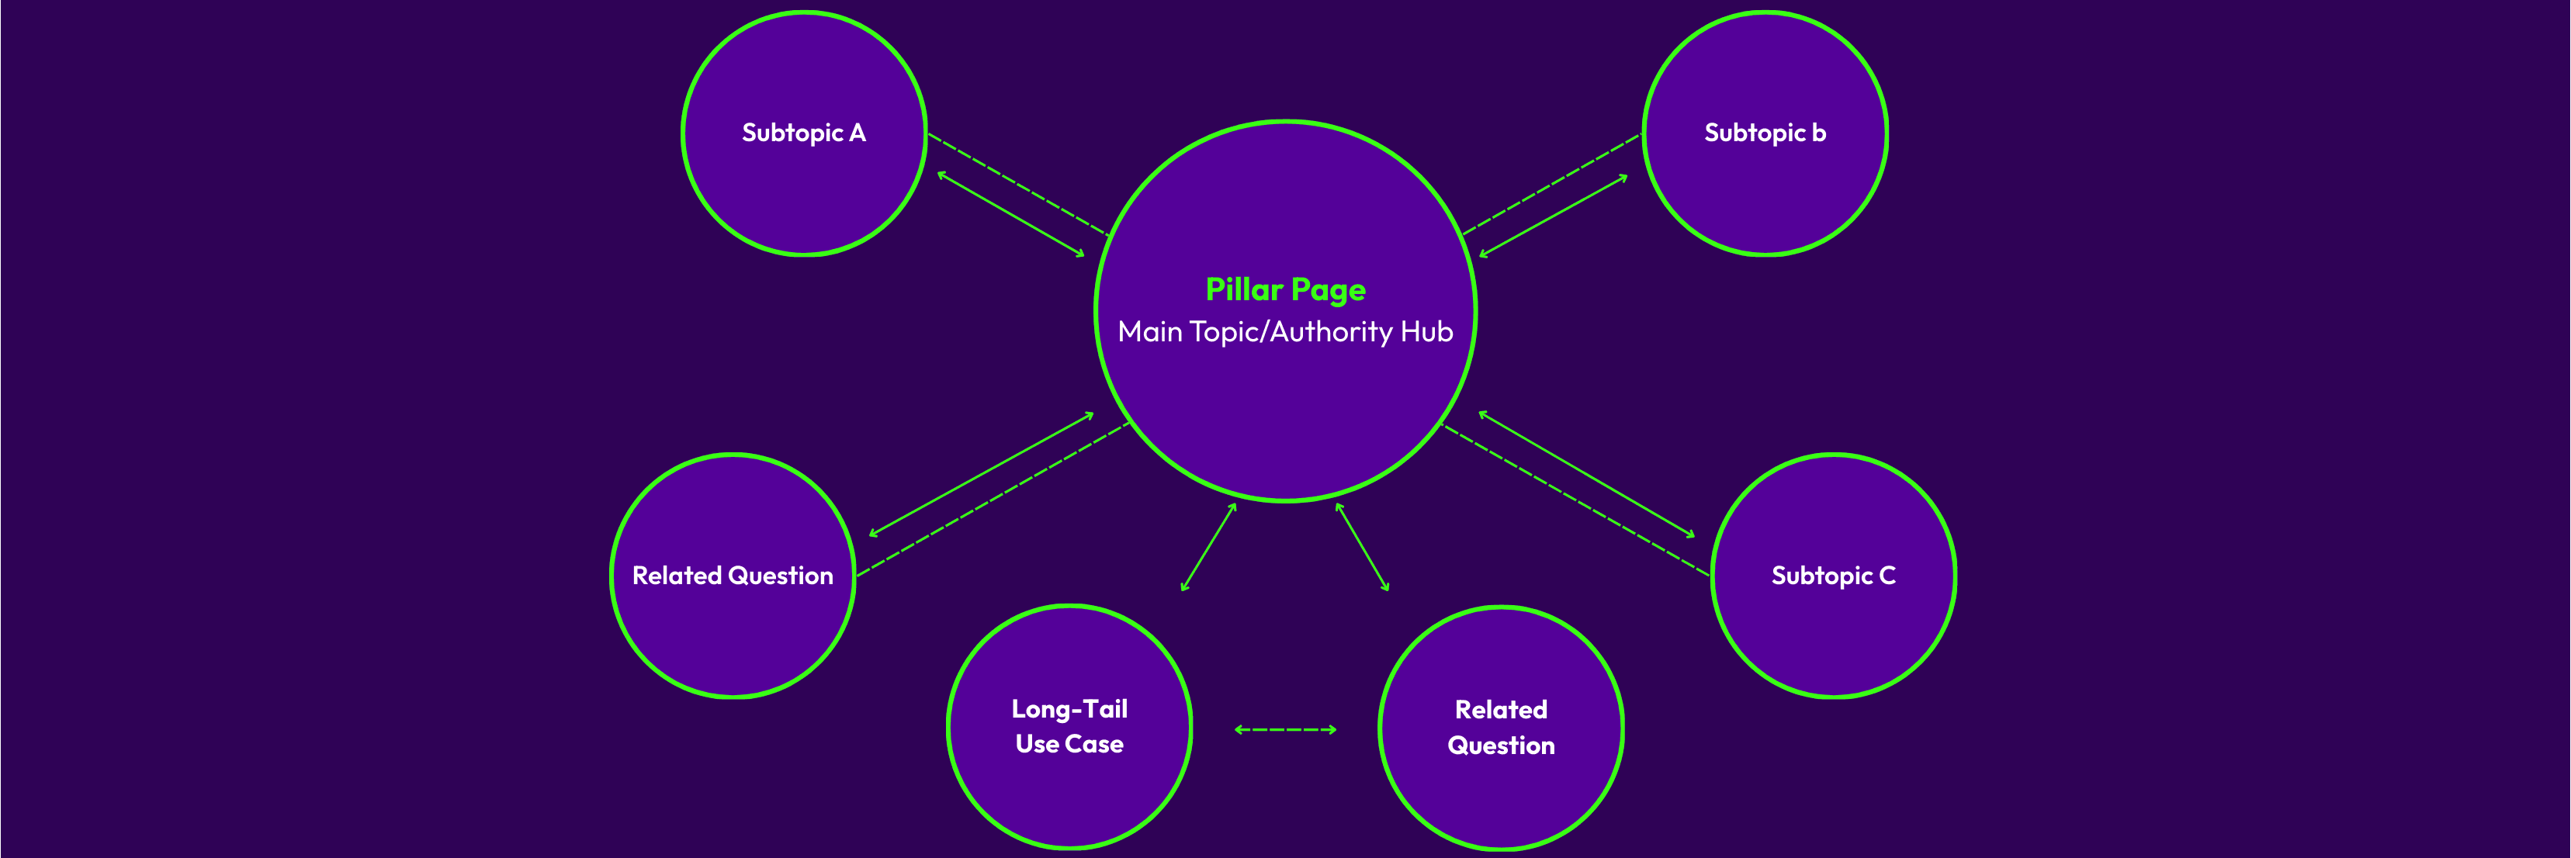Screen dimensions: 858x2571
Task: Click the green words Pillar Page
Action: click(x=1285, y=289)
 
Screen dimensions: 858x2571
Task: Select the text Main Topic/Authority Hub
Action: click(x=1285, y=331)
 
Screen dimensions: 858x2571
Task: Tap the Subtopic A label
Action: click(x=803, y=133)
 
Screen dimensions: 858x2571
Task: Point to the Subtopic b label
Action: click(x=1765, y=133)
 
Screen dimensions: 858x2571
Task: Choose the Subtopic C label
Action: click(x=1834, y=576)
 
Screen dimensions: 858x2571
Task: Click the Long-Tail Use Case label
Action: click(x=1069, y=726)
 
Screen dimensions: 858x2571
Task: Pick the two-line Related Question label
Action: click(x=1501, y=728)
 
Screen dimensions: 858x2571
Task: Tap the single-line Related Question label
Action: click(x=733, y=576)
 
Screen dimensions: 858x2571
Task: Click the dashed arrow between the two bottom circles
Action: click(x=1285, y=729)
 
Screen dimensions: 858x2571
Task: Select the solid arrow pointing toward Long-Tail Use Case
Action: click(x=1208, y=548)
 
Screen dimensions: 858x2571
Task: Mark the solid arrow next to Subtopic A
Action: click(x=1010, y=214)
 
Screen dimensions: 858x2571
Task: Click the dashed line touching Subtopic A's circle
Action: click(x=1018, y=184)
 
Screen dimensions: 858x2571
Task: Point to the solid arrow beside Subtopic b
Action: click(x=1554, y=216)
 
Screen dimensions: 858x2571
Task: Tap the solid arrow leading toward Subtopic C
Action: click(x=1587, y=474)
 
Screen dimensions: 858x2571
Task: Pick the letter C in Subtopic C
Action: click(x=1887, y=576)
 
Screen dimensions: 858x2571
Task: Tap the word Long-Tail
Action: click(x=1069, y=709)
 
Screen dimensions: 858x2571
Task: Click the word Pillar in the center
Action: click(x=1243, y=289)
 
